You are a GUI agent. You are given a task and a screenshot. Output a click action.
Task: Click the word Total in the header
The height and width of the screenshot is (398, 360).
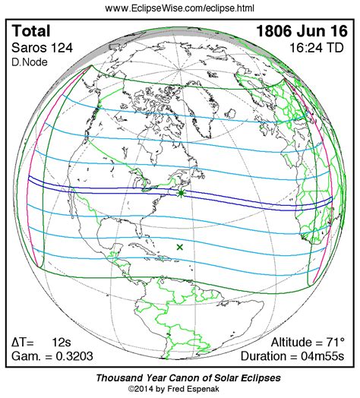tap(32, 32)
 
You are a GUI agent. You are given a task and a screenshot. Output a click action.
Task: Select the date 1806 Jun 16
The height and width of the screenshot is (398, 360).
tap(304, 32)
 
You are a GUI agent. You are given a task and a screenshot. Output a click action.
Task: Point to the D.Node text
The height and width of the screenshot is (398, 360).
tap(27, 62)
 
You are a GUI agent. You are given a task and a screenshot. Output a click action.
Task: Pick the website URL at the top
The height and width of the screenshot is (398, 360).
tap(179, 8)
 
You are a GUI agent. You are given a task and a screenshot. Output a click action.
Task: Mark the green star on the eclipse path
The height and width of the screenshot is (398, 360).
tap(182, 194)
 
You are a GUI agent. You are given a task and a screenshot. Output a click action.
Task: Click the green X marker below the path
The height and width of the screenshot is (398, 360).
tap(180, 247)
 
